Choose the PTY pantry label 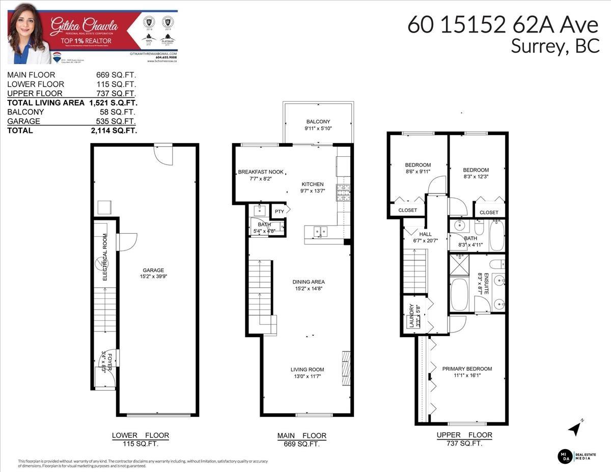(280, 211)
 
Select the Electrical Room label (105, 257)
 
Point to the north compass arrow (575, 428)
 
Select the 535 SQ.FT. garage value (116, 121)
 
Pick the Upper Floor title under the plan (464, 435)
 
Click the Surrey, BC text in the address (554, 46)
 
